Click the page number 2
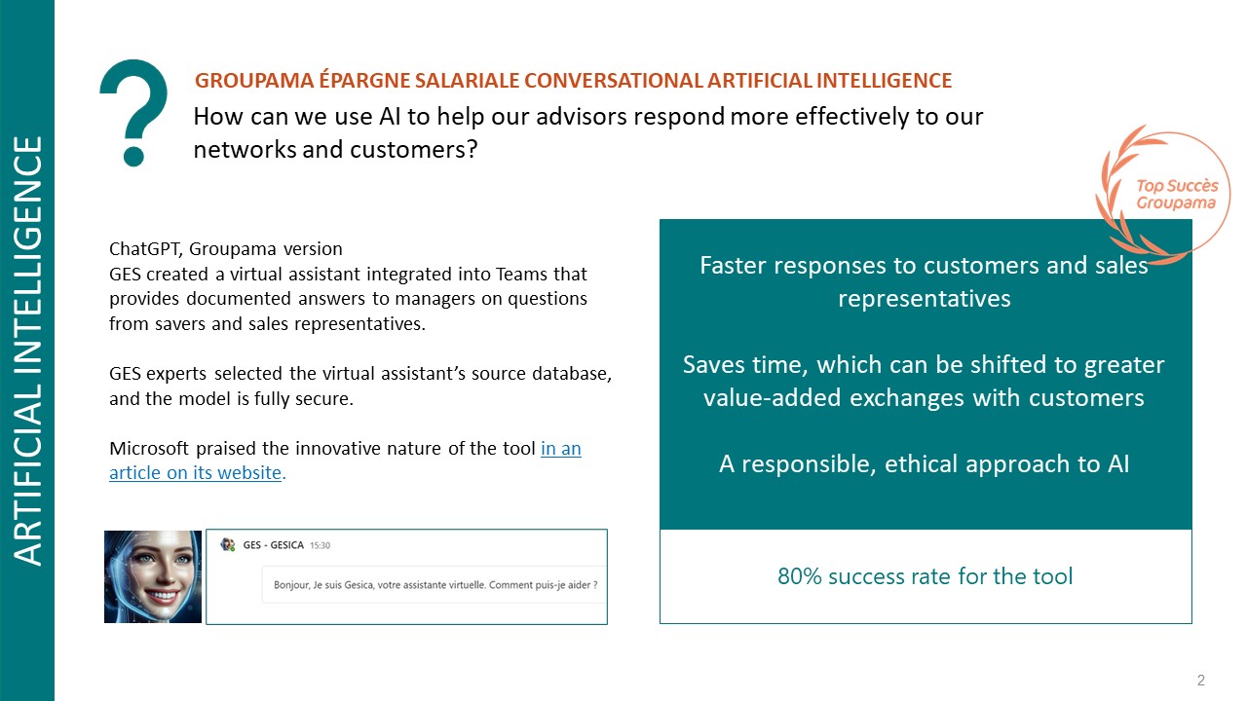tap(1201, 680)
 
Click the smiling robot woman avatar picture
tap(153, 576)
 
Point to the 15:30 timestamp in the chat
tap(321, 545)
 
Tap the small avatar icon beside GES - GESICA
tap(228, 544)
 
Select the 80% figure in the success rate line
tap(800, 576)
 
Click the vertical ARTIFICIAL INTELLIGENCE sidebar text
tap(27, 350)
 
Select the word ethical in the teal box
tap(921, 464)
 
